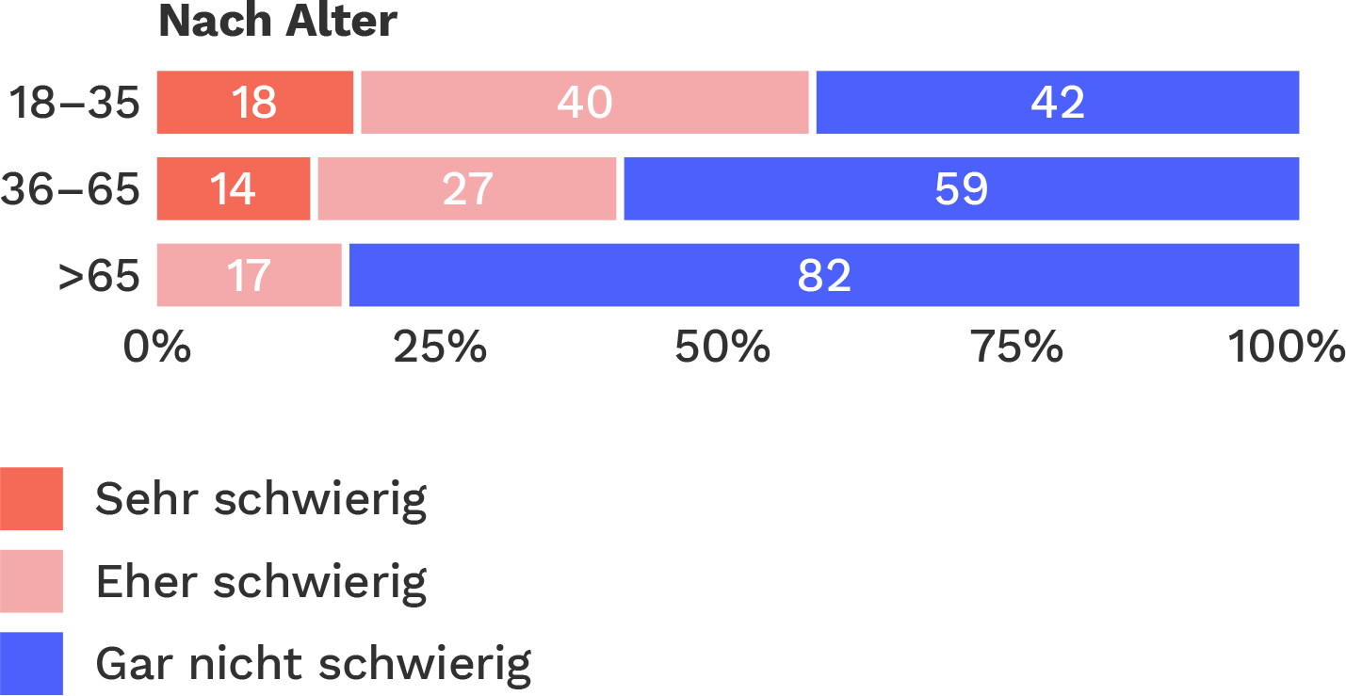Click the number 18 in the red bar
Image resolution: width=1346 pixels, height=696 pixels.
[253, 103]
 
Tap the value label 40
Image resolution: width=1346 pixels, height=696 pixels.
[584, 103]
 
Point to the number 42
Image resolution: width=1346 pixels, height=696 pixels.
[1057, 103]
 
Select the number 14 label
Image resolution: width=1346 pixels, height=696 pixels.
[232, 189]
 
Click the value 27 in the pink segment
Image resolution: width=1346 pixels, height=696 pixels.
[467, 189]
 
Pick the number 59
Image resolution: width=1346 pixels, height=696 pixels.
[961, 189]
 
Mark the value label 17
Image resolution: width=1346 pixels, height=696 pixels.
[249, 277]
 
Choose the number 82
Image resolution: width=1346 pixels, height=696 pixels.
[824, 277]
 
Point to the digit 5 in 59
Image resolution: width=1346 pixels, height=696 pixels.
[948, 189]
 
